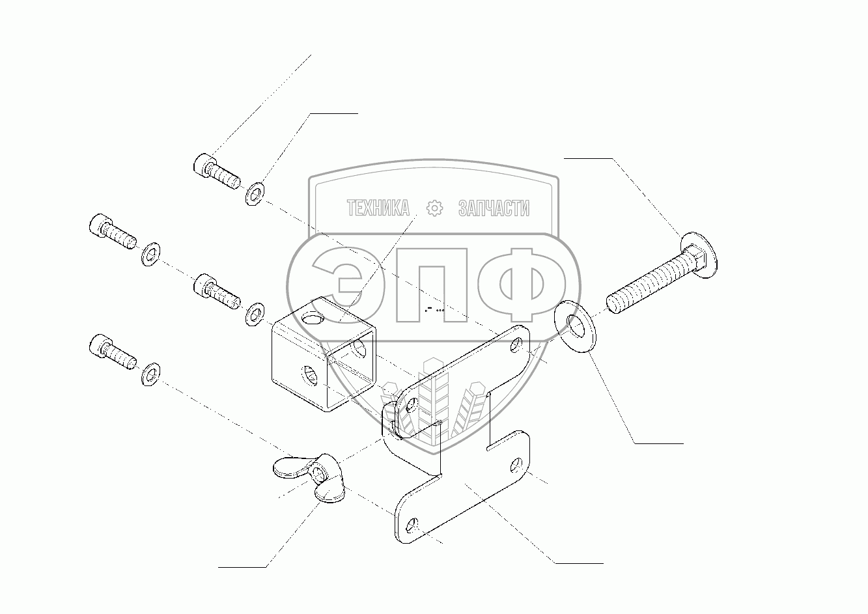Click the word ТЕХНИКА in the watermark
pos(378,208)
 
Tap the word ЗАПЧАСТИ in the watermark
pos(494,208)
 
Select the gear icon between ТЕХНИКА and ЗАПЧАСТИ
pos(434,208)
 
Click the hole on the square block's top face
pos(314,320)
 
